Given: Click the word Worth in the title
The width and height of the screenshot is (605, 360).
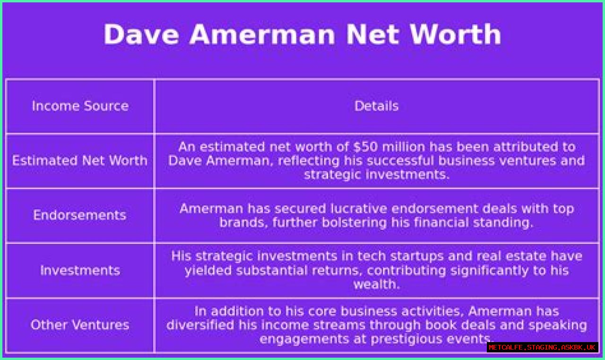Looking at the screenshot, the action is point(455,34).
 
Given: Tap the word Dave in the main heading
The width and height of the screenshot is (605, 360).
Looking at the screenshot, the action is point(141,34).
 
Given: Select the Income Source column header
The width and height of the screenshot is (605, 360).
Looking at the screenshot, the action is point(80,106).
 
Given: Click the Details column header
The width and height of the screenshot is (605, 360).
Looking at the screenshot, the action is point(377,106).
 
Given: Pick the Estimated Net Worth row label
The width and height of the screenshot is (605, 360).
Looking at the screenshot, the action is point(80,161).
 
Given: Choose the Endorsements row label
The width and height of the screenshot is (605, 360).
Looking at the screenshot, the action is point(80,215).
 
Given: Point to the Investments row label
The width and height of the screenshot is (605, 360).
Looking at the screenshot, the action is point(80,270).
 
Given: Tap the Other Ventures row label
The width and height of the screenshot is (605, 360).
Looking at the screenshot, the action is point(80,325).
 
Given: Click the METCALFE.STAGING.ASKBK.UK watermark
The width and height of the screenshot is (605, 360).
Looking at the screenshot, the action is point(542,347).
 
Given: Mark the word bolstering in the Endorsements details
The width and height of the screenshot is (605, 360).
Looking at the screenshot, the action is point(354,223).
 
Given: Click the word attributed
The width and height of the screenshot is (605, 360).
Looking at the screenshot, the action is point(534,147).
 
